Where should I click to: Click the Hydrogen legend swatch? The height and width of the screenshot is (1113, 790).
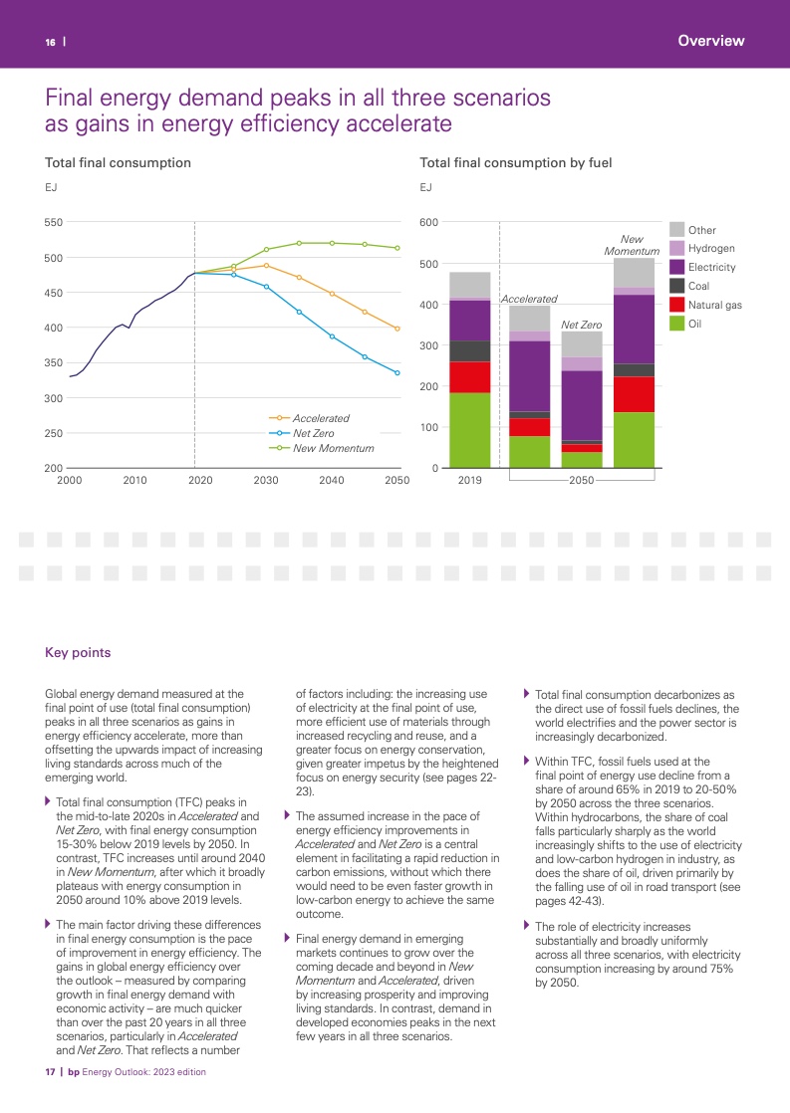676,248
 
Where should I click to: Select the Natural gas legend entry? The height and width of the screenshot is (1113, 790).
714,305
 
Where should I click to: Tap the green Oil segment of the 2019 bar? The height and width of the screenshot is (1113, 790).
470,430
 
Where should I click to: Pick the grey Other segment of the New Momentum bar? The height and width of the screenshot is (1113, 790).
634,273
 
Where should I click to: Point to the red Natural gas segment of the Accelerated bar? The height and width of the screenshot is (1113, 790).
529,427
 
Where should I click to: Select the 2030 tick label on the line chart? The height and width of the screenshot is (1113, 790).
266,480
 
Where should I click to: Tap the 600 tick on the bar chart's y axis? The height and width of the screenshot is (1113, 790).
428,222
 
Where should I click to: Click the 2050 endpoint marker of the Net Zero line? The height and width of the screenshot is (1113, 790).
397,373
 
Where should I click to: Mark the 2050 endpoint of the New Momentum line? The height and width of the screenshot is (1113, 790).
397,248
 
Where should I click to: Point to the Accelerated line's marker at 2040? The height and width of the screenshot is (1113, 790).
332,294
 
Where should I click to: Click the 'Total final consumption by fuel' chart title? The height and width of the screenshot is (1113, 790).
516,162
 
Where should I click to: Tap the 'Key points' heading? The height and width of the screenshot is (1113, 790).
78,653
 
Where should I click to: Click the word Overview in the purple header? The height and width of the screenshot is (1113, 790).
710,41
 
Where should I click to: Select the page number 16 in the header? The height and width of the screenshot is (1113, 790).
50,42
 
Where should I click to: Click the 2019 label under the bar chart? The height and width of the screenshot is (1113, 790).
469,480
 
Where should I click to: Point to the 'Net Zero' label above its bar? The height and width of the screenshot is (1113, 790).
582,325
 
